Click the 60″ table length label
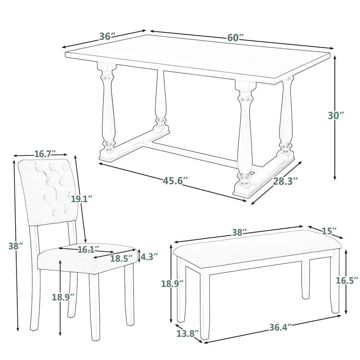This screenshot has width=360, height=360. [x=235, y=37]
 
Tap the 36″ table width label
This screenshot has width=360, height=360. [x=107, y=36]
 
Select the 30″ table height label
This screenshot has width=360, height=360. [x=336, y=115]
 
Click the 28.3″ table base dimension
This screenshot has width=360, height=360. [x=285, y=181]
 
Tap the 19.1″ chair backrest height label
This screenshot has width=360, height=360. [x=81, y=199]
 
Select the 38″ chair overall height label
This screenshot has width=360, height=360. [x=15, y=246]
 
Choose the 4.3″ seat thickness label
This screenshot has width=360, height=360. [x=149, y=257]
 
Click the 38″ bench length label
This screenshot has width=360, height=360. [x=239, y=233]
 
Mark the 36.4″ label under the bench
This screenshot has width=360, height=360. [x=280, y=327]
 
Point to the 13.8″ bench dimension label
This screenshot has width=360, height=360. [x=188, y=334]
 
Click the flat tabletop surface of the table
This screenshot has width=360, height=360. [x=198, y=58]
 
